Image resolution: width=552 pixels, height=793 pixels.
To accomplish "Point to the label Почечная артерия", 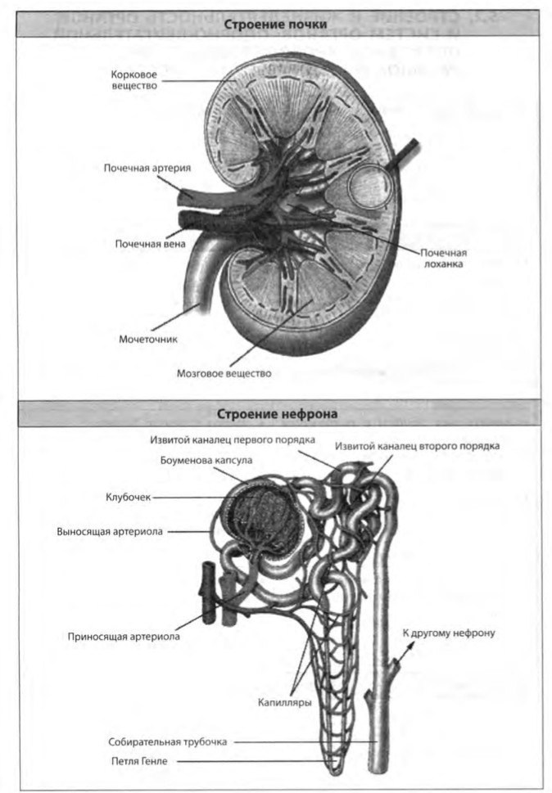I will (147, 168).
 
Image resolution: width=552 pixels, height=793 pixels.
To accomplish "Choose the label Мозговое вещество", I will (224, 373).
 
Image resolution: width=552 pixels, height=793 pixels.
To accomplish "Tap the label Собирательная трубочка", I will (165, 742).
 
